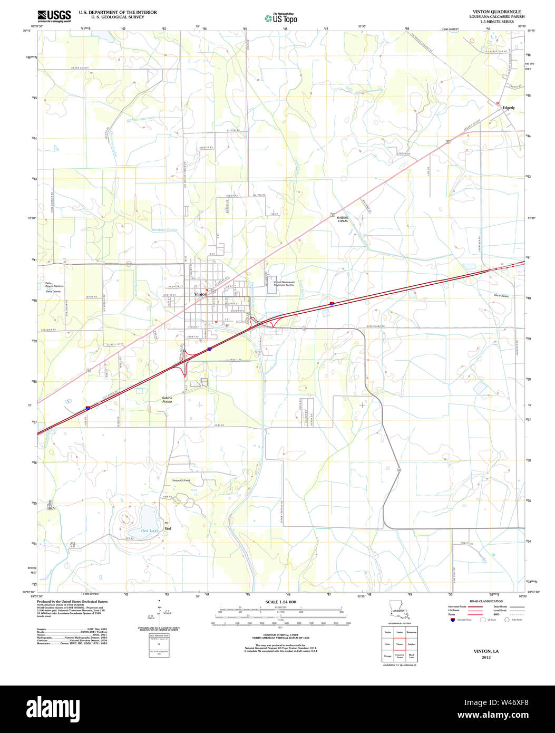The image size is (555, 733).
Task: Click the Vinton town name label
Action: [x=201, y=294]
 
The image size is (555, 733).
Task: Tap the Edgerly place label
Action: [x=509, y=108]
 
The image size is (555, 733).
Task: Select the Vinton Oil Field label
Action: [x=181, y=480]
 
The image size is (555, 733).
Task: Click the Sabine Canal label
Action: [x=343, y=219]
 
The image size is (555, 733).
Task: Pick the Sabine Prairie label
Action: [x=167, y=400]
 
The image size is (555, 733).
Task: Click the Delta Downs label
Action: [x=53, y=291]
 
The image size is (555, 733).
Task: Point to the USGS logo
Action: [x=54, y=16]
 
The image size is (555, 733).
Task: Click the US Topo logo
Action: [x=281, y=18]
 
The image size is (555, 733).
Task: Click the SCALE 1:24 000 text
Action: [x=281, y=602]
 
